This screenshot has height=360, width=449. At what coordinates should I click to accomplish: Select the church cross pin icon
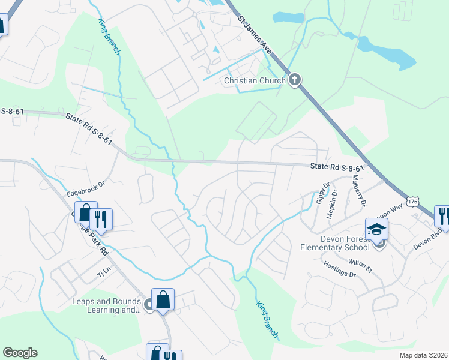[294, 80]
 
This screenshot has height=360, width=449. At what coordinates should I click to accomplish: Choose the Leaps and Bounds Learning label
[106, 305]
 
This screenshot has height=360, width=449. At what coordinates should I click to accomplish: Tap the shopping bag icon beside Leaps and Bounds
[163, 298]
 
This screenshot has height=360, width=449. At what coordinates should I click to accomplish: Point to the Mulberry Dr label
[359, 190]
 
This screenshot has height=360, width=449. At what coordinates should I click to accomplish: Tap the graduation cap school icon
[376, 229]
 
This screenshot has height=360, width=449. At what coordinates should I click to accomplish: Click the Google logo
[20, 353]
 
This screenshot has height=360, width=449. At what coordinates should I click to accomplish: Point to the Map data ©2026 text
[423, 355]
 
